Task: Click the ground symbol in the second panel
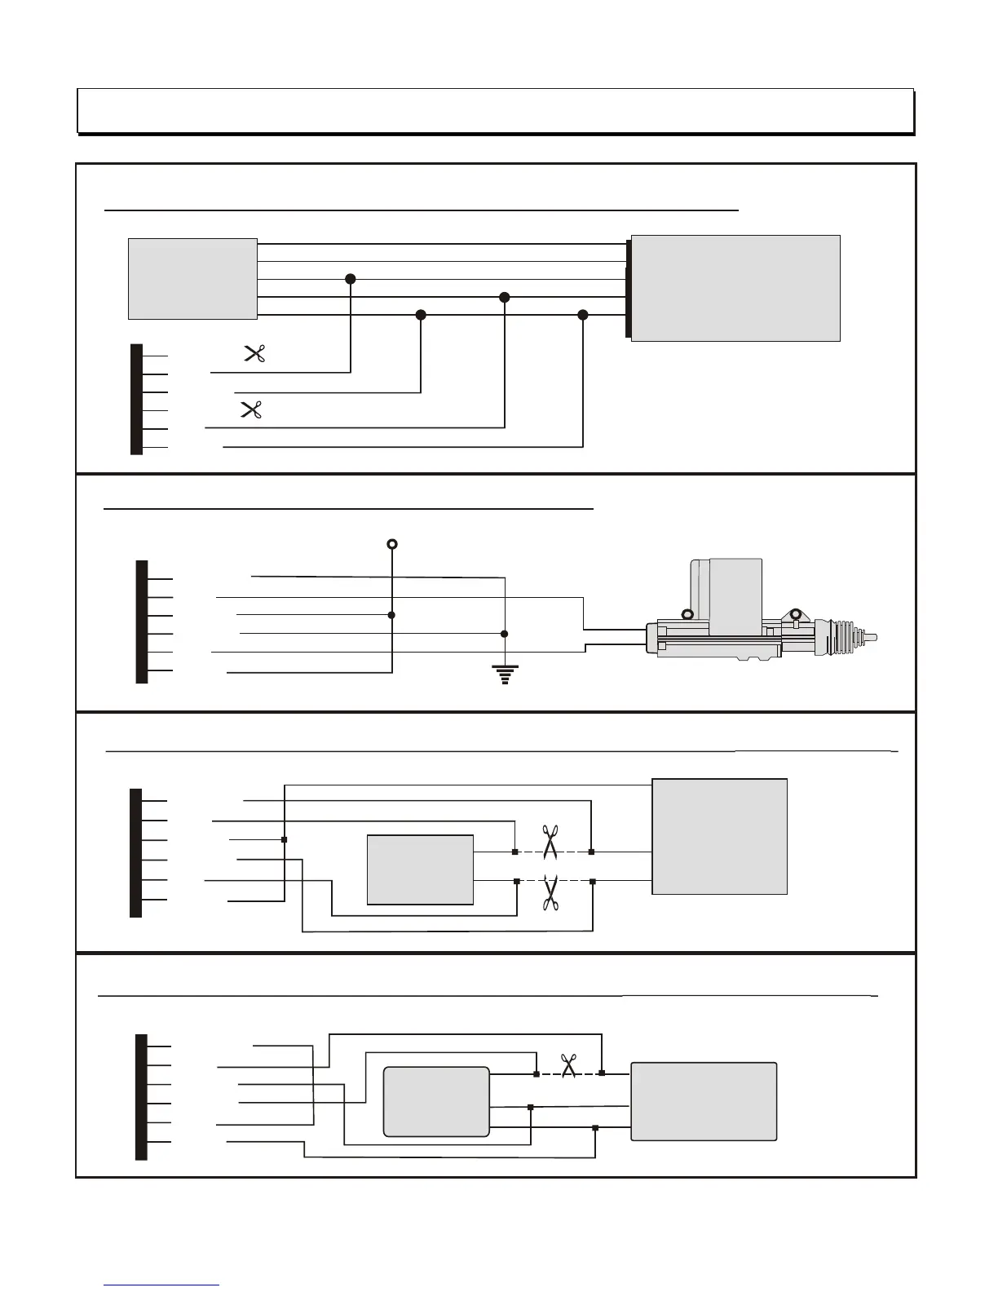505,674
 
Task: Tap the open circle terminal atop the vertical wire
392,544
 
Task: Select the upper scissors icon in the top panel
255,354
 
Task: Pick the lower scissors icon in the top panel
251,409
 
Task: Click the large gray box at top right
735,288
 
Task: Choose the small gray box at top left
192,279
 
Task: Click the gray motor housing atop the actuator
735,595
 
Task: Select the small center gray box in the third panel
420,869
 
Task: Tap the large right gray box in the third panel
720,836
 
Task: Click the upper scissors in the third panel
550,843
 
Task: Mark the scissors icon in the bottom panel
568,1065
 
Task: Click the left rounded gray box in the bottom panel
436,1101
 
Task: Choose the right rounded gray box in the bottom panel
704,1101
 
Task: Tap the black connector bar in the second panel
142,622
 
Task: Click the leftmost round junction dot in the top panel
351,279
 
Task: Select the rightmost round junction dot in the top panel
582,315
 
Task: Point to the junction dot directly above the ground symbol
505,634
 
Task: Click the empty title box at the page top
495,111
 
